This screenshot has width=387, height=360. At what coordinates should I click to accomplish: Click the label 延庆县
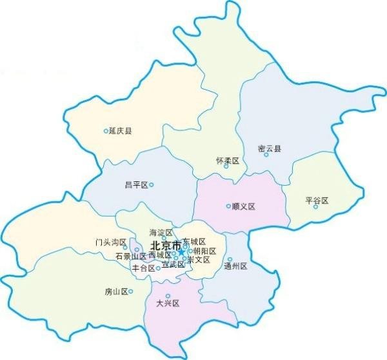click(121, 131)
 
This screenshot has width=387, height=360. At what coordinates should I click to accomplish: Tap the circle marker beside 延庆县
click(106, 131)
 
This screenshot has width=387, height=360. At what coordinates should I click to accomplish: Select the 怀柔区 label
click(228, 160)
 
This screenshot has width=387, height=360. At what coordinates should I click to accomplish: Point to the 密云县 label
click(270, 148)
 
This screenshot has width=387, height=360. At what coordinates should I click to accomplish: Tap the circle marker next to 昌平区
click(152, 185)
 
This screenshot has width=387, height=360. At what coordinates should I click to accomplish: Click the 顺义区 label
click(244, 206)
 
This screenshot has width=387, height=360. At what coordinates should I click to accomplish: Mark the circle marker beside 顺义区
click(228, 206)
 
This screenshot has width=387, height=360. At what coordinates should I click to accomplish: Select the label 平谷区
click(317, 201)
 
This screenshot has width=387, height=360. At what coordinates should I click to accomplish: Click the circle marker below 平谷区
click(316, 207)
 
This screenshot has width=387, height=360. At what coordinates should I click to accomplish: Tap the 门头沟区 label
click(110, 243)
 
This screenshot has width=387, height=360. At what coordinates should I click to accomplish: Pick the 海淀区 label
click(161, 232)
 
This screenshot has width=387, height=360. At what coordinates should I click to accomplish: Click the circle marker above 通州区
click(230, 259)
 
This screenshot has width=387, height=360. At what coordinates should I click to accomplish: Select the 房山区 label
click(115, 292)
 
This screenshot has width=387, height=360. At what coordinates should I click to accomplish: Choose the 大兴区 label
click(167, 303)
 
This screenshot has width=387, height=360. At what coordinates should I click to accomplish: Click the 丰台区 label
click(143, 268)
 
